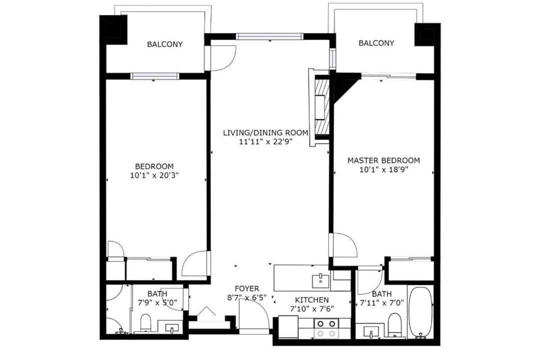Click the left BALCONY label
point(164,44)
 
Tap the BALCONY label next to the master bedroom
point(376,43)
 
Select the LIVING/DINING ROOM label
point(265,132)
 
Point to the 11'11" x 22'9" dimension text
point(265,141)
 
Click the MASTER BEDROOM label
point(383,160)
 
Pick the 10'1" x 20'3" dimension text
point(154,175)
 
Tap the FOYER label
point(247,288)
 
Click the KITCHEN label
point(311,300)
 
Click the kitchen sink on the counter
point(320,280)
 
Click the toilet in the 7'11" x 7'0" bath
point(394,324)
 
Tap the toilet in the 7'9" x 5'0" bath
point(145,322)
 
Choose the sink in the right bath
point(371,332)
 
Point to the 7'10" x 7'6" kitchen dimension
point(311,309)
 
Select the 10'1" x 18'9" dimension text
point(383,169)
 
